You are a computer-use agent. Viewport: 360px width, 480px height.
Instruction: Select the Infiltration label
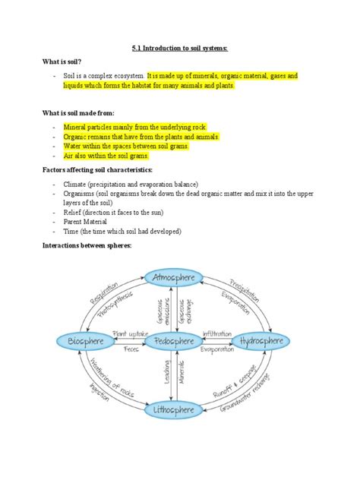click(x=217, y=334)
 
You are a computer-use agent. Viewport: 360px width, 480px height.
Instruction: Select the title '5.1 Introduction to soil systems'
click(x=179, y=48)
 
